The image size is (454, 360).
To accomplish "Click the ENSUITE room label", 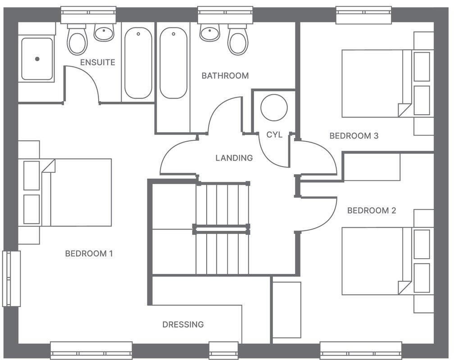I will [97, 62].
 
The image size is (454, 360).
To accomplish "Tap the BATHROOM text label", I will [225, 76].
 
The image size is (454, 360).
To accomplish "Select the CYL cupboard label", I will [274, 135].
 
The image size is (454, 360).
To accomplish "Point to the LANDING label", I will [234, 158].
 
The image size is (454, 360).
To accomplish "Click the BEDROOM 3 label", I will [354, 135].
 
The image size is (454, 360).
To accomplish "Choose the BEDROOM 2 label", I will [372, 210].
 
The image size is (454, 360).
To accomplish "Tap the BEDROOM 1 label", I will [89, 253].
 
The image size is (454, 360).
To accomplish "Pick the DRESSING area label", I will [183, 324].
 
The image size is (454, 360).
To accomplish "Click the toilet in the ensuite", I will [77, 40].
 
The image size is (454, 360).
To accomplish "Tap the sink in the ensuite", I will [104, 32].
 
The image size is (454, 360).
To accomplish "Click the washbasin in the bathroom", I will [210, 32].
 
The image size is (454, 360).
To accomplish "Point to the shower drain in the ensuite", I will [37, 59].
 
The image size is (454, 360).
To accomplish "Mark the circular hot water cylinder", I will [274, 108].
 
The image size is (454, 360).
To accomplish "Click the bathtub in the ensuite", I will [138, 63].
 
